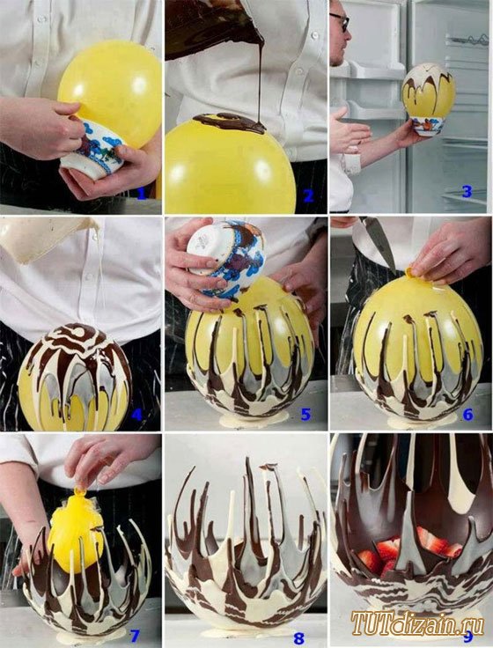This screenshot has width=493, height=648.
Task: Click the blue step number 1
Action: pos(142,193)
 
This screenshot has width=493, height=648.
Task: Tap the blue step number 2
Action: pos(308,195)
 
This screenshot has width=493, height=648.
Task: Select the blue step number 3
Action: pos(467,191)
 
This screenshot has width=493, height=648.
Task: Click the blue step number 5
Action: pos(305,415)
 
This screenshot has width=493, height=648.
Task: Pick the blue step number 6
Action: pos(467,415)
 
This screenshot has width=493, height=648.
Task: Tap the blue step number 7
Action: pos(135,636)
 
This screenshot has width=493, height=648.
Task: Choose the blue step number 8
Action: pos(298,638)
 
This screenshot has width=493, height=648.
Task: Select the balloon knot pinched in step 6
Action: pos(411,273)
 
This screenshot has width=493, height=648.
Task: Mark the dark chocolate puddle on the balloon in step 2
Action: pos(230,123)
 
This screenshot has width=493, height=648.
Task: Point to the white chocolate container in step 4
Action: pos(48,239)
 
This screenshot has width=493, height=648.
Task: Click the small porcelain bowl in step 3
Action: pos(429,125)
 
